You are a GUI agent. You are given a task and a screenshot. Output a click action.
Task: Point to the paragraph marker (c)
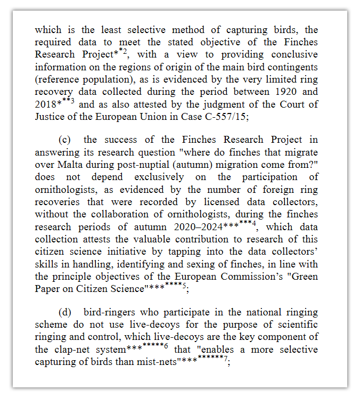coord(65,140)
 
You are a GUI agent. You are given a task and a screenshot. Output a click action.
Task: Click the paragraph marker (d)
coord(66,312)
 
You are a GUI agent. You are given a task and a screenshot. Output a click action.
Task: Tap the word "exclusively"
coord(159,176)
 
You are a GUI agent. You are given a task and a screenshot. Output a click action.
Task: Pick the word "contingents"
coord(292,67)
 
